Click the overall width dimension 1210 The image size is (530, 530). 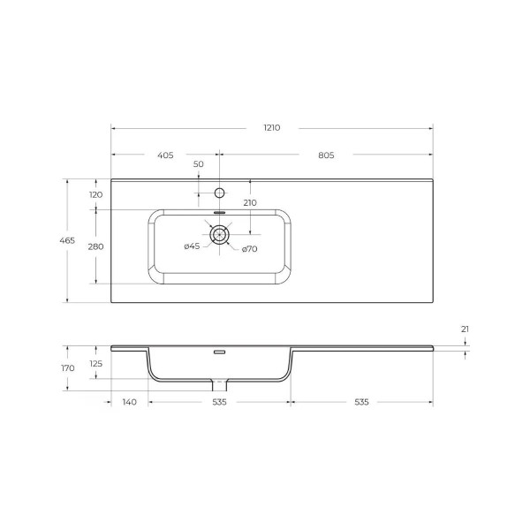pos(271,128)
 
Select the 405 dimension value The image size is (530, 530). pos(165,155)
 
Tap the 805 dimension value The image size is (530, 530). pos(325,155)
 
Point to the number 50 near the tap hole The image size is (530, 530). pos(198,164)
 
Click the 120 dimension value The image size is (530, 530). pos(95,194)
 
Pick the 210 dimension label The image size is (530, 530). pos(249,202)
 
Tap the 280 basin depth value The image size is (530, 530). pos(95,246)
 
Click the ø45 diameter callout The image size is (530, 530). pos(192,246)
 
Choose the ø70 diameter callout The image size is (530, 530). pos(250,249)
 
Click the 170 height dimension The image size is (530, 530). pos(68,367)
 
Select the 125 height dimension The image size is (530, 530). pos(95,362)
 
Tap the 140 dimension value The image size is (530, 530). pos(129,402)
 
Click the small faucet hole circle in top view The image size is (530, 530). pos(219,193)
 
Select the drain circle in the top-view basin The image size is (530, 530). pos(219,234)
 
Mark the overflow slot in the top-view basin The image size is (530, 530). pos(219,213)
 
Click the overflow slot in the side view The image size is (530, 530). pos(219,351)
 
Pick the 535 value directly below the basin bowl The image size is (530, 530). pos(219,402)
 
